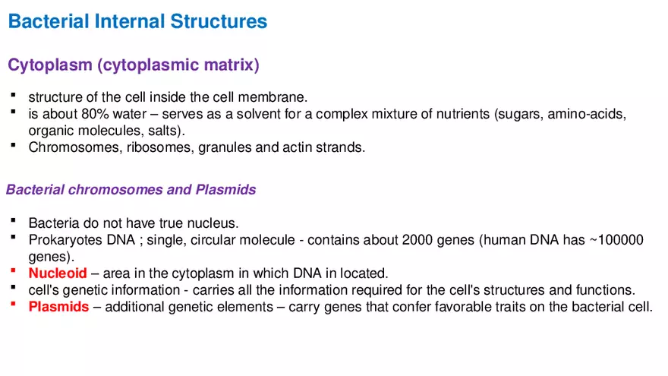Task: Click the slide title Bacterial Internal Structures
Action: coord(137,21)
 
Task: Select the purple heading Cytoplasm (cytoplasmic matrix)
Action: coord(134,65)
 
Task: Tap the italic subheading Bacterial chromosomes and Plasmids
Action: coord(131,190)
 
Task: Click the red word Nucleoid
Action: coord(58,273)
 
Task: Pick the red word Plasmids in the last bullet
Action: coord(58,307)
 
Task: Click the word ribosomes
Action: coord(161,147)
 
